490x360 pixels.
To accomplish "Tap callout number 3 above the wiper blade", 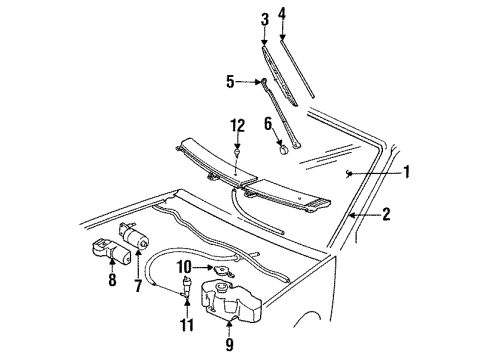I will pos(264,19).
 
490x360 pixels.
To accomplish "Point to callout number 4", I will pos(282,14).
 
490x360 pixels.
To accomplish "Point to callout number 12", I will pos(237,125).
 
